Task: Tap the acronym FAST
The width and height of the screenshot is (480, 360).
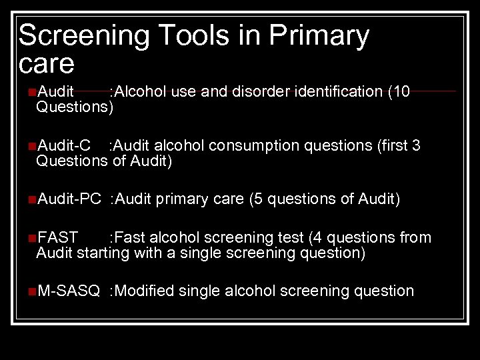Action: [58, 238]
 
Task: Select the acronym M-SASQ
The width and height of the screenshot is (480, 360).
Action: [69, 291]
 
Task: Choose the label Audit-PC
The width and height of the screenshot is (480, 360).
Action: [69, 199]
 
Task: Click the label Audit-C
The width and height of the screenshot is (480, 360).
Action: [64, 146]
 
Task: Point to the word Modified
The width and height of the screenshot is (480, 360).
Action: [145, 291]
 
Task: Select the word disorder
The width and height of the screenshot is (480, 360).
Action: [261, 92]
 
